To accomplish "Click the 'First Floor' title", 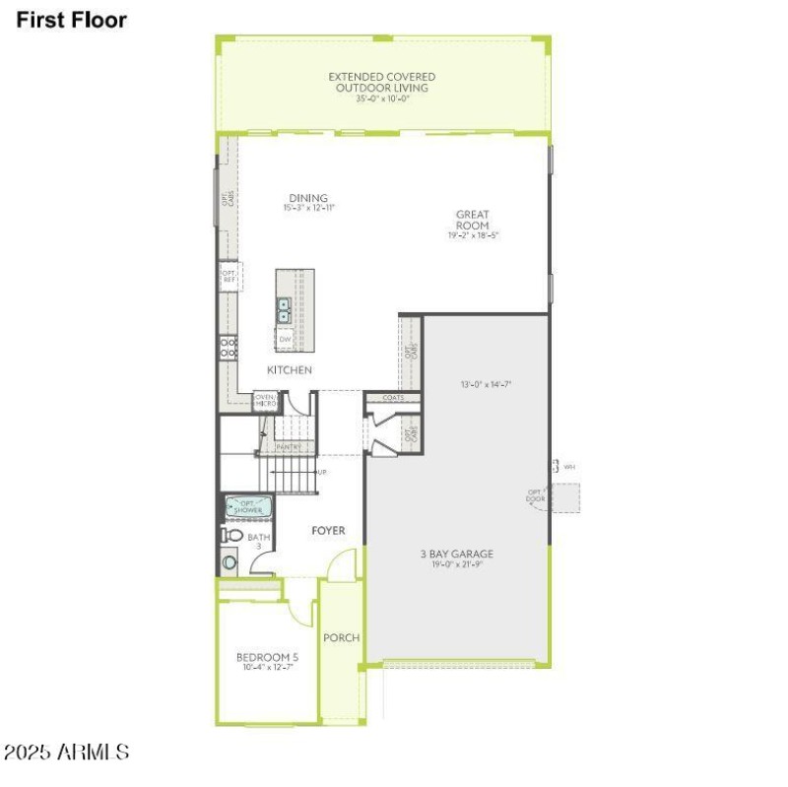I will tap(71, 20).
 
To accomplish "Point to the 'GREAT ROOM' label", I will tap(472, 221).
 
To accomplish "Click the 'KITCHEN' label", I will tap(290, 370).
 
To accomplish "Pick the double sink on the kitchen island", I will tap(285, 311).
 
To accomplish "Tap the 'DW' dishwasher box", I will tap(285, 340).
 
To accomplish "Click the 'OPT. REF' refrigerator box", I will tap(229, 276).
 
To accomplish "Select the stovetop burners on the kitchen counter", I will tap(228, 347).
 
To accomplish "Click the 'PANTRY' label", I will tap(288, 446).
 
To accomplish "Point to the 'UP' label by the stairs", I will tap(321, 473).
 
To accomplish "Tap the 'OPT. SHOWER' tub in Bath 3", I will tap(247, 507).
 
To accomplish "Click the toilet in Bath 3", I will tap(231, 535).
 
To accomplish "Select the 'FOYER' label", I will tap(328, 531).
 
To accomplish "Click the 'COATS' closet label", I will tap(393, 398).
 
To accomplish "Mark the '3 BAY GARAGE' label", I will tap(456, 554).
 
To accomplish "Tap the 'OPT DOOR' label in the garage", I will tap(535, 495).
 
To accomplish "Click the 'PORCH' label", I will tap(342, 637).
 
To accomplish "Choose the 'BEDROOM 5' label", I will tap(267, 657).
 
